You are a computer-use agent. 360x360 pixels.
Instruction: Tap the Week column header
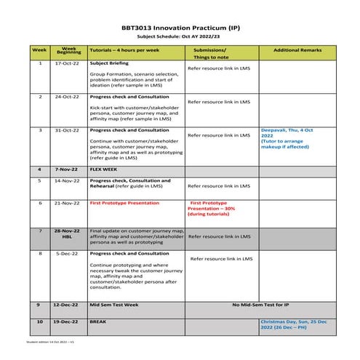coord(39,51)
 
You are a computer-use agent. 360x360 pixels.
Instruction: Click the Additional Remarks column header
coord(295,49)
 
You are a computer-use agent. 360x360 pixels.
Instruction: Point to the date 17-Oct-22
coord(68,64)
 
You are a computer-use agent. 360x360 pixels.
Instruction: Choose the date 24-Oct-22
coord(68,96)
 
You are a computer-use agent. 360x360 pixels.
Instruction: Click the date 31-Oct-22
coord(68,129)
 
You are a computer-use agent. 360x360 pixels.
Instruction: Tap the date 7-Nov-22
coord(68,169)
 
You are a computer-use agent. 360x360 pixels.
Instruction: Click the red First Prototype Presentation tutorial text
coord(124,204)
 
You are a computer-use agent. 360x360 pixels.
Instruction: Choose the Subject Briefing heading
coord(108,64)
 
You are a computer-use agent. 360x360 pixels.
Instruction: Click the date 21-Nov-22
coord(68,204)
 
